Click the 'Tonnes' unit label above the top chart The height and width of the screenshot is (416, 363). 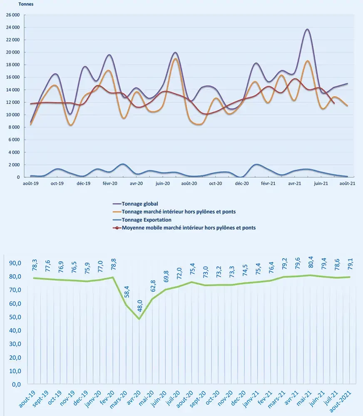(26, 4)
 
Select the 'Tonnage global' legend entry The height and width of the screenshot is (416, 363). (135, 204)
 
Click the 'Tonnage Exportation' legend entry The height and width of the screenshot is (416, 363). (142, 220)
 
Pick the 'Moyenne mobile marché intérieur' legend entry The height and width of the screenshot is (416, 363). (184, 228)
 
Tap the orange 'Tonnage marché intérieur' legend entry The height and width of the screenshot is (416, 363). (174, 212)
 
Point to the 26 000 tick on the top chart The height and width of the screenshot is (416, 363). (13, 15)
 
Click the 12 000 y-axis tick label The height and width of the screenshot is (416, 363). (13, 102)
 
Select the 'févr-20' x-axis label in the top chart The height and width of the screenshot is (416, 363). (110, 183)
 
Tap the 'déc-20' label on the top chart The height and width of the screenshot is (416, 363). (242, 183)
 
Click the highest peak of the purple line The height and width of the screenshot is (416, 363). (308, 29)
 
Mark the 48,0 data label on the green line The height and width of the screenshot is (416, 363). (140, 305)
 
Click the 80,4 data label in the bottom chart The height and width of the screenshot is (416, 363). (311, 262)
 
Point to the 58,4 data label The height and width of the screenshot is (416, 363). (127, 292)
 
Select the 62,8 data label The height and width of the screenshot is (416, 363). (153, 286)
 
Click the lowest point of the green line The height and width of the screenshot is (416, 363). (139, 319)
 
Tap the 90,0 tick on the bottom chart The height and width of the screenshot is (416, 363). (15, 263)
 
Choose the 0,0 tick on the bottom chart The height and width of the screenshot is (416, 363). (17, 384)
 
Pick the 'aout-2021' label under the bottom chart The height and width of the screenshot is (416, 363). (341, 401)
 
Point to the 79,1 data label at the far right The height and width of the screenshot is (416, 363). (350, 264)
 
